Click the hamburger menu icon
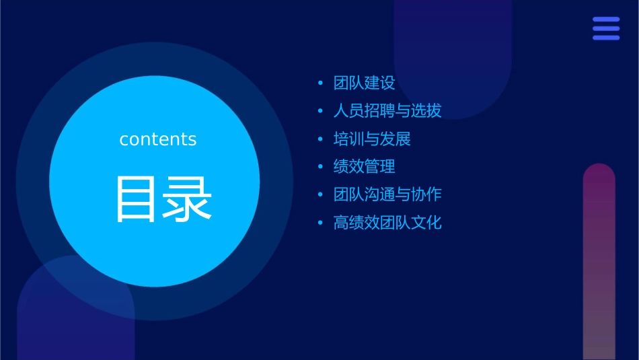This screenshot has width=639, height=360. click(605, 28)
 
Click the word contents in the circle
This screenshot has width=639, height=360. click(158, 139)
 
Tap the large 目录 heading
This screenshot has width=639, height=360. click(164, 199)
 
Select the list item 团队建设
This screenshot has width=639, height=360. click(364, 83)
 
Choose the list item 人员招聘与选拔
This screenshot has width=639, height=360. click(387, 111)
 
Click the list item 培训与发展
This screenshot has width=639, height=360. click(372, 139)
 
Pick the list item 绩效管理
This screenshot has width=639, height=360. click(364, 167)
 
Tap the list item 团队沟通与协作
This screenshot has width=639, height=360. click(387, 194)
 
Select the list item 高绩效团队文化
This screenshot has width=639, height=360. click(387, 223)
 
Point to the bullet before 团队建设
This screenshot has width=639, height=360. click(320, 83)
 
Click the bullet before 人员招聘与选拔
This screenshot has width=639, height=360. click(320, 111)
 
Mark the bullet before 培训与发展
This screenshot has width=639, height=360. click(320, 139)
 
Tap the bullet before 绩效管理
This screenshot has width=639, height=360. click(320, 167)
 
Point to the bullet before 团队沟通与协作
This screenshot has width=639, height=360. click(320, 194)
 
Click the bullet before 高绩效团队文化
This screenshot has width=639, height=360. click(320, 223)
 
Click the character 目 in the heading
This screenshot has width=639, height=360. click(139, 199)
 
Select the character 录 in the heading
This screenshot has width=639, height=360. click(189, 199)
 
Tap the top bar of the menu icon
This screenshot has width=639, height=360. click(605, 20)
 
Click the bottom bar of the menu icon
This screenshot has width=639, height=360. click(605, 38)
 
